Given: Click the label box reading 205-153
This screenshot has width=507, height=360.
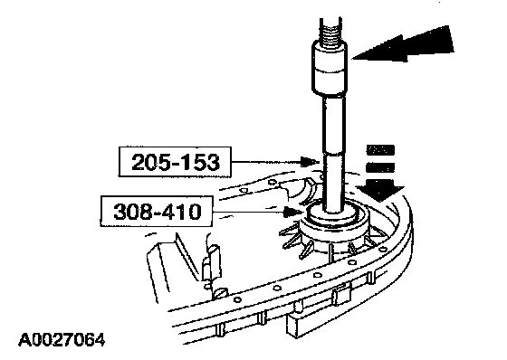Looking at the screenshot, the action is coord(175,162).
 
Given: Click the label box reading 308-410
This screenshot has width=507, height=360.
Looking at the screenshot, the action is coord(157,212).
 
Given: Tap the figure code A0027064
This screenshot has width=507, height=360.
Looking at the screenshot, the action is coord(62,340).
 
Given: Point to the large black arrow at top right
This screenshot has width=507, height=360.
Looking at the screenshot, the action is coord(403,44).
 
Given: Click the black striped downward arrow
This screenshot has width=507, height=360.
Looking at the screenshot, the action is coord(381,174).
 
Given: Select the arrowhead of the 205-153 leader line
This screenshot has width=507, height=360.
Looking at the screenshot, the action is coord(309,162).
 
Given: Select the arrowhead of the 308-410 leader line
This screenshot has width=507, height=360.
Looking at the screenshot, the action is coord(293,212).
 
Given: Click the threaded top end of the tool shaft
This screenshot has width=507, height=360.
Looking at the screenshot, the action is coord(330,30).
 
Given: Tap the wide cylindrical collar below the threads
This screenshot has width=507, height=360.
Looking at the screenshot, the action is coord(330,68).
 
